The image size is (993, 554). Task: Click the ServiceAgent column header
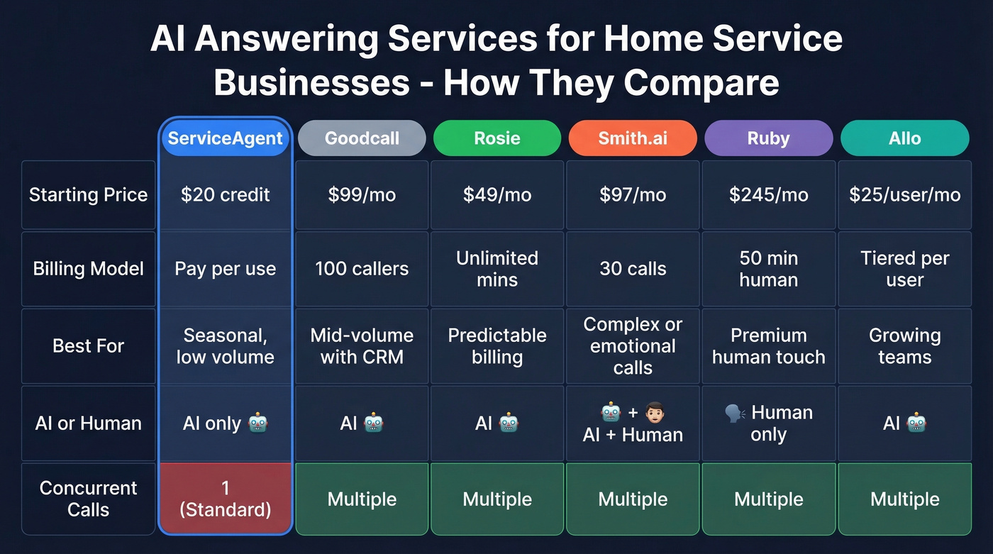(x=226, y=138)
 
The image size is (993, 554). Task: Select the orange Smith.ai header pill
(x=633, y=138)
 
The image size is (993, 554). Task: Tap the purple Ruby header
(x=768, y=138)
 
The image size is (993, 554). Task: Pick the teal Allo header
(x=904, y=138)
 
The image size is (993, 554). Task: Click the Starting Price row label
(x=88, y=195)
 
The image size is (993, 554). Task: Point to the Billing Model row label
(x=88, y=269)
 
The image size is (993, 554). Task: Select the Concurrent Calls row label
(x=88, y=499)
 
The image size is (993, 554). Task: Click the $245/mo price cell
(x=768, y=195)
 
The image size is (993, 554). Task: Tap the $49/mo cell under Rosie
(x=497, y=195)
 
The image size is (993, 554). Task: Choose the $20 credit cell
(x=226, y=195)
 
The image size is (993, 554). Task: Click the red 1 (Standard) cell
(x=226, y=499)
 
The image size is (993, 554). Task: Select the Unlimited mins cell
(x=497, y=269)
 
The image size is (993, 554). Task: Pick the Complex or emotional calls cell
(x=633, y=346)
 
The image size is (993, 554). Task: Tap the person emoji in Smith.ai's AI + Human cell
(x=654, y=412)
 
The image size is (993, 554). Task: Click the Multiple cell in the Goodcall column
(x=362, y=499)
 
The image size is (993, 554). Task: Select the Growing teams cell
(x=904, y=346)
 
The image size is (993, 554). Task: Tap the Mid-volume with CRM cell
(x=362, y=346)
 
